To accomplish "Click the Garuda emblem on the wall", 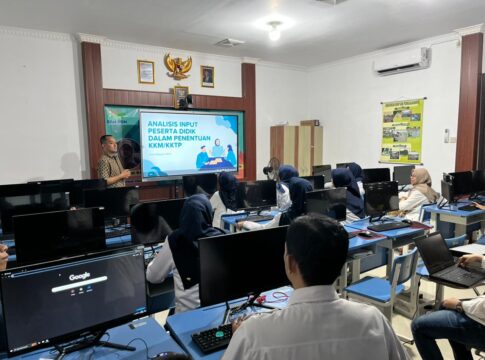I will [178, 67].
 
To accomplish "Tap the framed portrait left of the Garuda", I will [146, 71].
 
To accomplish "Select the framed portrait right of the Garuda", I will [207, 76].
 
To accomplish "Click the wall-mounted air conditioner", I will [402, 61].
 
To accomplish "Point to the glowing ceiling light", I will [274, 30].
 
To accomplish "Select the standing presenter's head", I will [108, 144].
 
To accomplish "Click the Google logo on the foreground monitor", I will [79, 276].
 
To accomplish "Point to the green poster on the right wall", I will [401, 130].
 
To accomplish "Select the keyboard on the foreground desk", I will [213, 338].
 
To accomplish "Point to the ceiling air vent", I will [229, 42].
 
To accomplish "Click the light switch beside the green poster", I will [446, 135].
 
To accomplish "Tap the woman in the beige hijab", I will [417, 190].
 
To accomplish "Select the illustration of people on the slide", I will [216, 155].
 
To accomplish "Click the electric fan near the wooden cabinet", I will [273, 167].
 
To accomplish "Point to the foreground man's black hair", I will [316, 246].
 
